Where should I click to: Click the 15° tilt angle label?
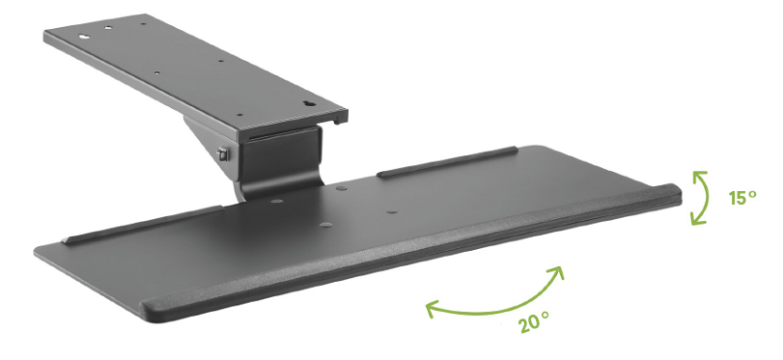[742, 197]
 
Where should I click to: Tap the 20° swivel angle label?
[534, 322]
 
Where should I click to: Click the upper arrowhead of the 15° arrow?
[698, 175]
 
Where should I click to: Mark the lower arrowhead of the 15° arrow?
[697, 220]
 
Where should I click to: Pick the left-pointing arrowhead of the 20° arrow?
[432, 308]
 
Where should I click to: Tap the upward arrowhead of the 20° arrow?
[557, 271]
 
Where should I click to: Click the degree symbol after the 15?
[752, 193]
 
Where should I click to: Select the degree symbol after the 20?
[545, 315]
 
